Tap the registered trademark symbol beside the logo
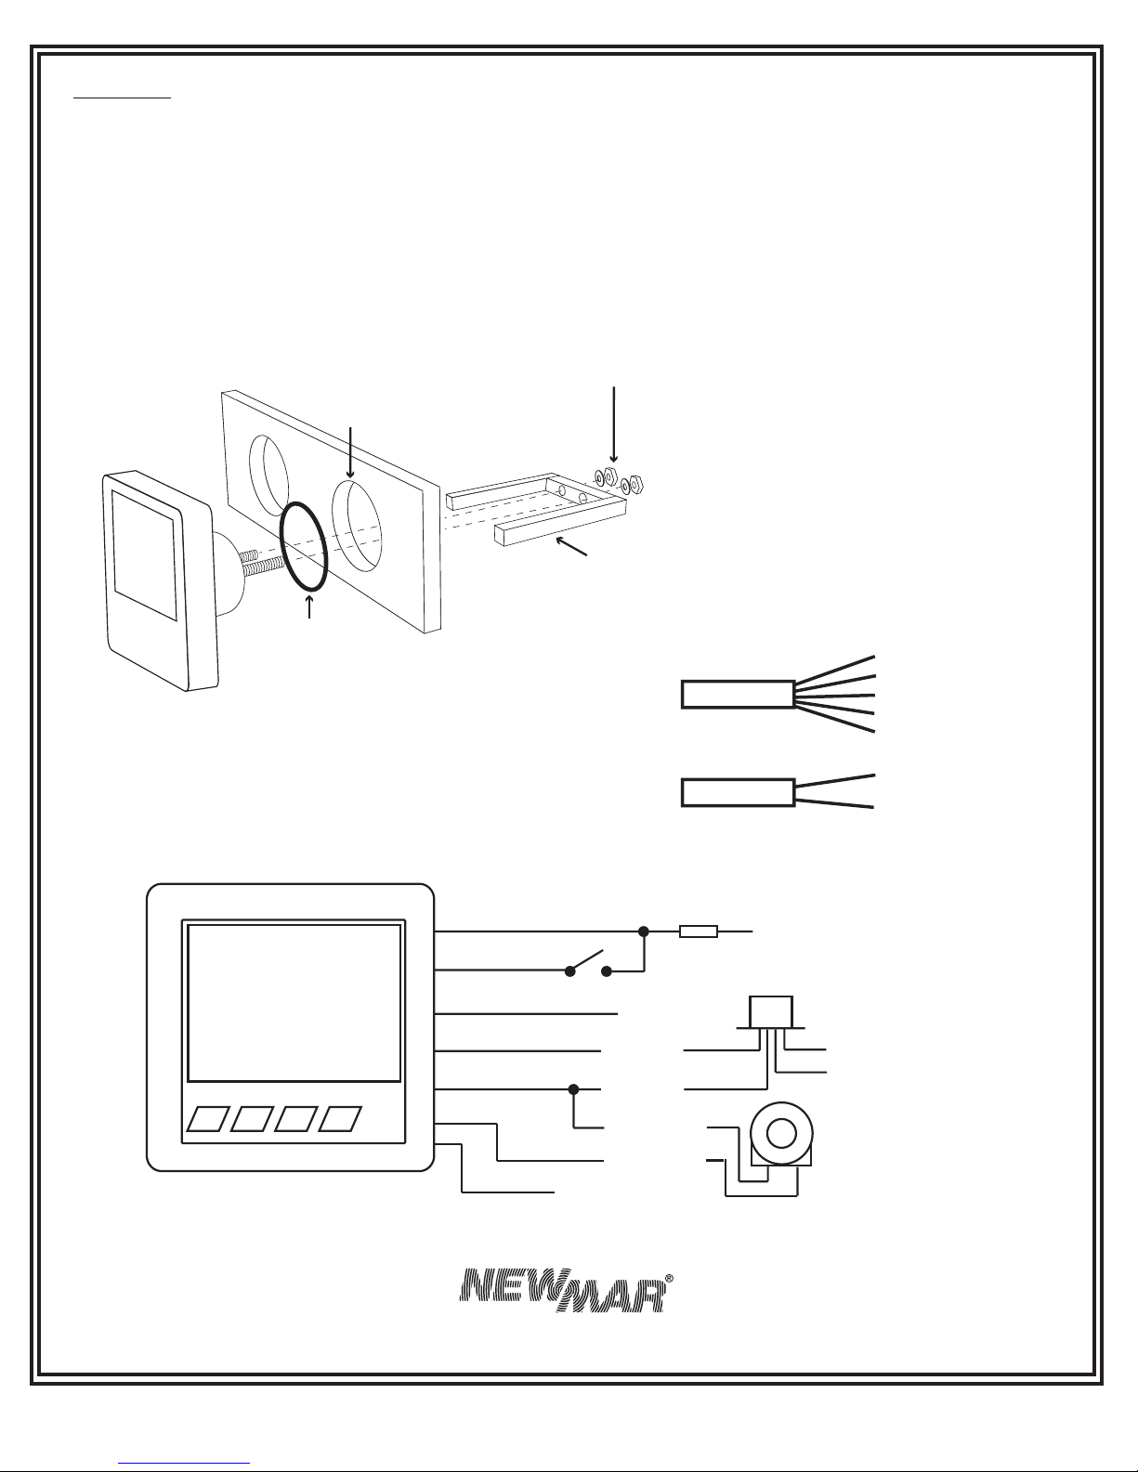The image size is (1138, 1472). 669,1278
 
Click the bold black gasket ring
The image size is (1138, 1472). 304,546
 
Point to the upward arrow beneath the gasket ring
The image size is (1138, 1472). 309,606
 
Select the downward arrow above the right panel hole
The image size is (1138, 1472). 350,452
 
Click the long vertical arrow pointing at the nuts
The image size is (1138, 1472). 614,424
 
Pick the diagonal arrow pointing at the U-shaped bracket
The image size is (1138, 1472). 571,546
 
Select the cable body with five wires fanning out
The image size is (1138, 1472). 738,695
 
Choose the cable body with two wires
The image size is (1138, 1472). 738,792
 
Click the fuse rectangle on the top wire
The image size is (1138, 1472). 699,931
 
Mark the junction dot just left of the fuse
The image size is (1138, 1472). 644,931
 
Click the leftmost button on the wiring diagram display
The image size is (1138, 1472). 208,1119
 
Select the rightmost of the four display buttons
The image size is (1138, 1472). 340,1119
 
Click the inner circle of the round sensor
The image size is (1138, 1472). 781,1133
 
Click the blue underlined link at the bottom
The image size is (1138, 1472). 184,1461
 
